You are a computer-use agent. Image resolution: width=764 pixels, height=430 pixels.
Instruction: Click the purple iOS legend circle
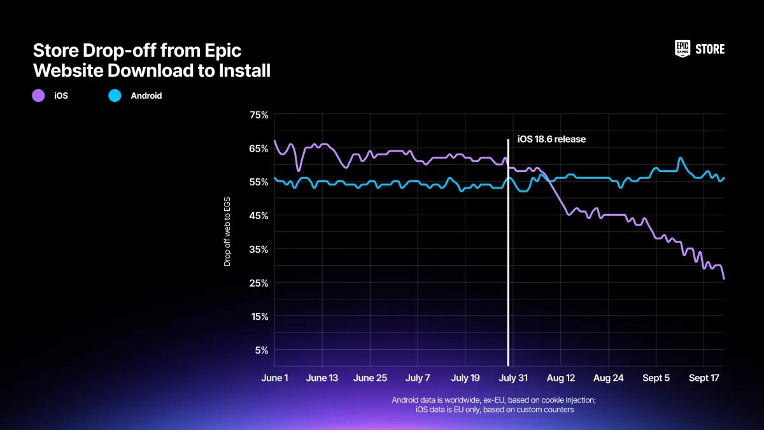tap(38, 96)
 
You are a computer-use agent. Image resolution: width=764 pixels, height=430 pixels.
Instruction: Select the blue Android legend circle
tap(115, 96)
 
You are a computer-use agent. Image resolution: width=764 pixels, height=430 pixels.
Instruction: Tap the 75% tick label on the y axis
tap(259, 115)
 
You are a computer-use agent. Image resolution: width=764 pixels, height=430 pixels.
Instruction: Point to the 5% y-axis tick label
tap(262, 350)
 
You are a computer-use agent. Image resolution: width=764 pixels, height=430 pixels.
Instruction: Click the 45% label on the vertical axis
tap(259, 216)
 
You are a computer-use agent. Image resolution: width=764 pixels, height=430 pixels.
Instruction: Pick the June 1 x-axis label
tap(274, 378)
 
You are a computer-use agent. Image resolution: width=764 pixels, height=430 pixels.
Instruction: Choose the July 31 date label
tap(513, 378)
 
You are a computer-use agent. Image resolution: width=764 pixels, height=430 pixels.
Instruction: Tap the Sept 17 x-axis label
tap(704, 378)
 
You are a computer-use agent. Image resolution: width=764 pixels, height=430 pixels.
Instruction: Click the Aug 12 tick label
tap(560, 378)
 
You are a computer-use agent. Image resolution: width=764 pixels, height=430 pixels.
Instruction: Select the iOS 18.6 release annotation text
tap(551, 139)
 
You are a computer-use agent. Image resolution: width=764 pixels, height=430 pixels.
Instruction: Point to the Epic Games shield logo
tap(682, 49)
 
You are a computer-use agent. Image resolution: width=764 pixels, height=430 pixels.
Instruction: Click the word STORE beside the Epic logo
tap(710, 49)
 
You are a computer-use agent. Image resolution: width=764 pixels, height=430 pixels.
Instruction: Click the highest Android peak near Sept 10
tap(680, 157)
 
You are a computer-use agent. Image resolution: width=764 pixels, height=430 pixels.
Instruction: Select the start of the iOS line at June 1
tap(274, 141)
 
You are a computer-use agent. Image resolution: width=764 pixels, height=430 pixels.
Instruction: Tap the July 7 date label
tap(418, 378)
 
